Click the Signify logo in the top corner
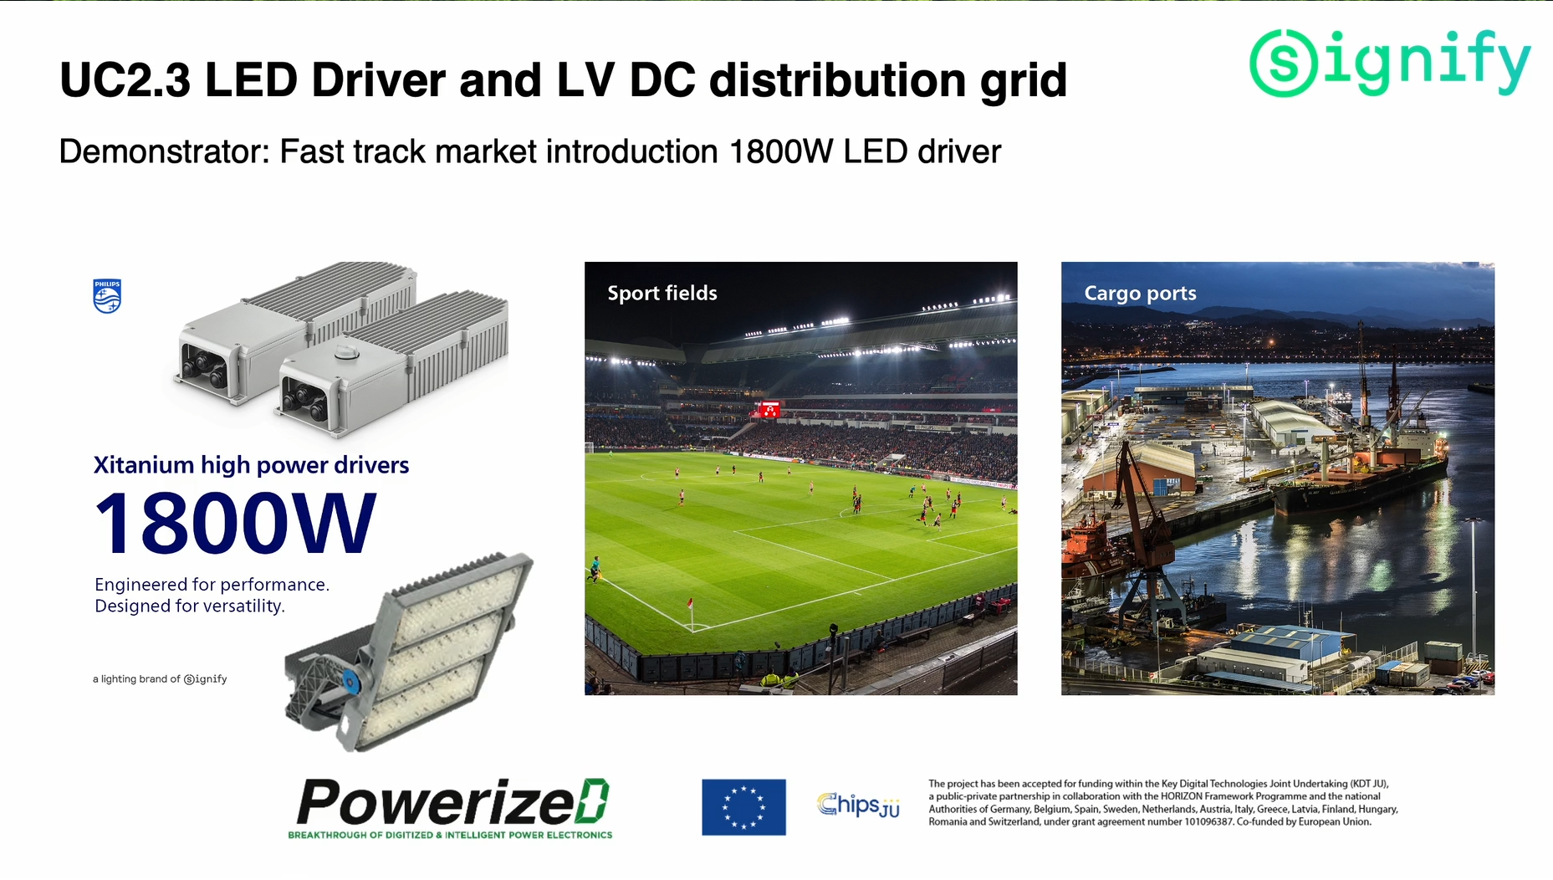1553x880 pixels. pos(1390,63)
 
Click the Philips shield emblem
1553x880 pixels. pos(107,296)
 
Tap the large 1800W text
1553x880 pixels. pos(235,524)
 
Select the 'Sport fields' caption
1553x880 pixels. pos(662,293)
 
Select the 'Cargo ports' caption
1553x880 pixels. pos(1140,293)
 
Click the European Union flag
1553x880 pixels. pos(743,807)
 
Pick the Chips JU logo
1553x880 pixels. pos(858,805)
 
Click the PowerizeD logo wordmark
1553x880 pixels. pos(452,802)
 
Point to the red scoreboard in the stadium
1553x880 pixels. pos(769,409)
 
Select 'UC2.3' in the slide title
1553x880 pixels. pos(125,80)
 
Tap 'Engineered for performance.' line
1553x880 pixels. pos(212,585)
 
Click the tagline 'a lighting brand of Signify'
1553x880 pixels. pos(160,679)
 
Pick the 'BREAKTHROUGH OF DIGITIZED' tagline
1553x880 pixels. pos(360,835)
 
